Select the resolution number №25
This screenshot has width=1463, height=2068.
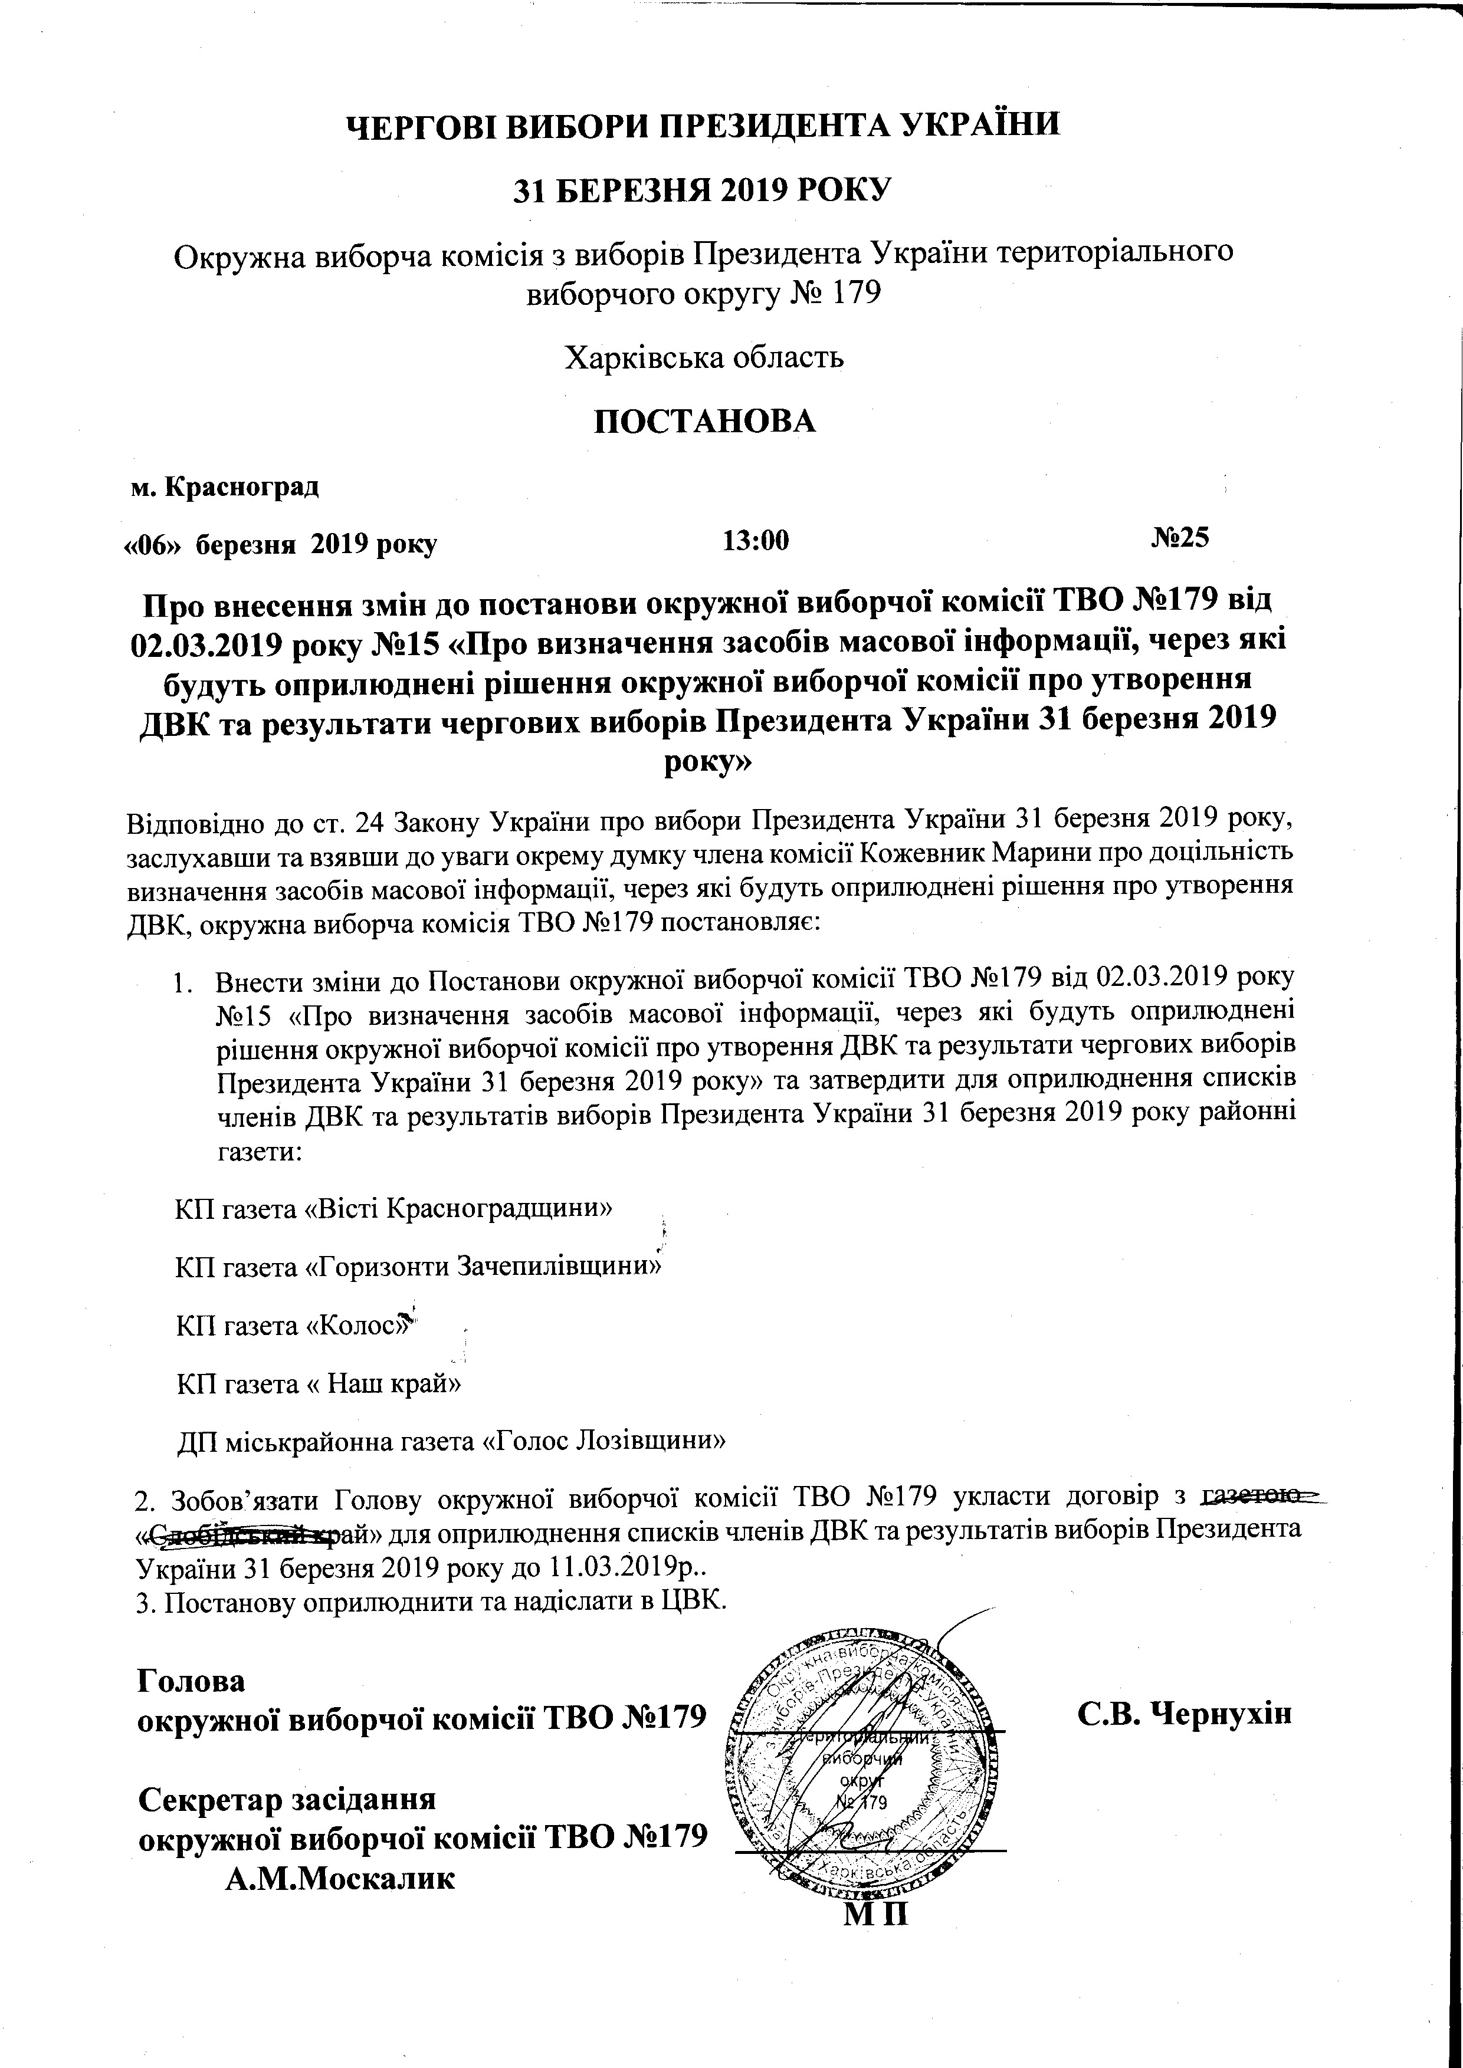(1179, 538)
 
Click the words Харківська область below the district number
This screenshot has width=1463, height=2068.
(704, 357)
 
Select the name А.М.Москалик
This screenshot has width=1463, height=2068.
(340, 1855)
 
